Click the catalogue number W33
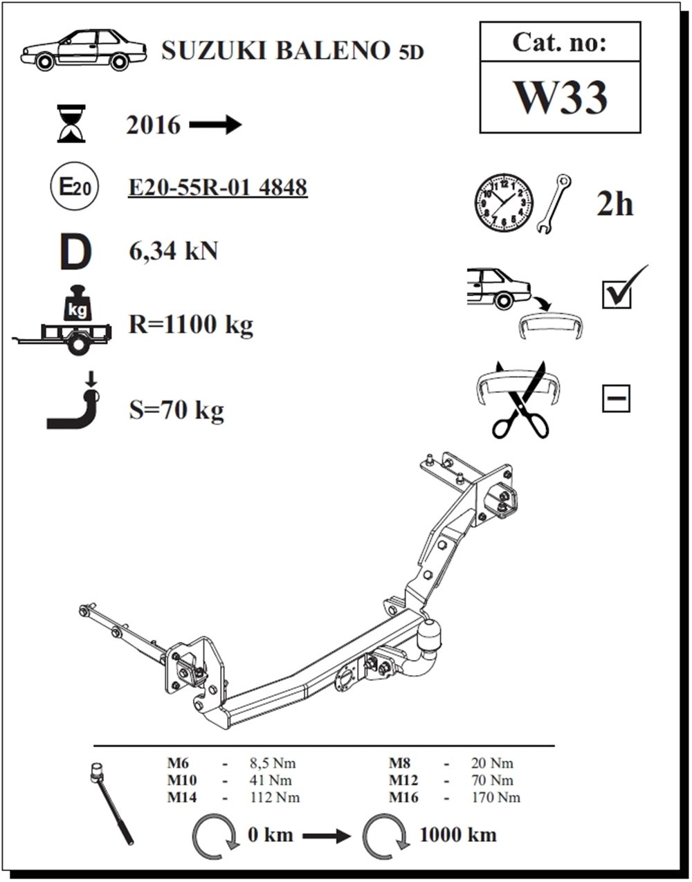point(561,98)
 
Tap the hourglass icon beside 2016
point(71,123)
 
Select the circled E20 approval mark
point(74,186)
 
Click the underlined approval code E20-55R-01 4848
point(218,187)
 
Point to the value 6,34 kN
point(173,251)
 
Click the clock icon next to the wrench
point(504,203)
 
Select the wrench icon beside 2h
point(554,204)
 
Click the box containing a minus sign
point(616,398)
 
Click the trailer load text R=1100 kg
point(191,325)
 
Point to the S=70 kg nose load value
point(176,410)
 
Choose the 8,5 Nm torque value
point(273,763)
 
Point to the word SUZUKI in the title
point(215,51)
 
